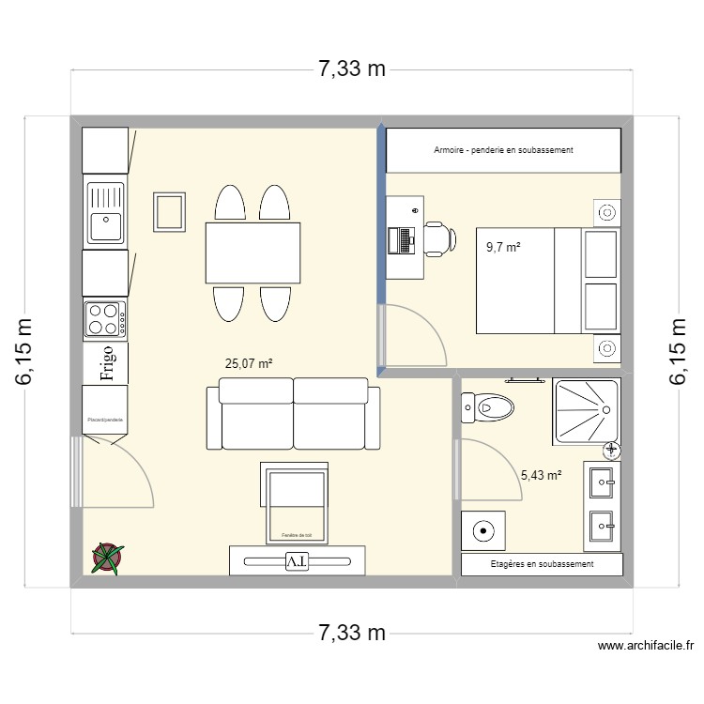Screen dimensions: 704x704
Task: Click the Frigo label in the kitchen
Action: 107,365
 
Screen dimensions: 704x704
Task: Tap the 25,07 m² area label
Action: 249,363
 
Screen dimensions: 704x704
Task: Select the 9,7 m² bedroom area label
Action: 503,248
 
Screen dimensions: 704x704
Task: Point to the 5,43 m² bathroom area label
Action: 541,475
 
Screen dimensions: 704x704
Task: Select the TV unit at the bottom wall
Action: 297,560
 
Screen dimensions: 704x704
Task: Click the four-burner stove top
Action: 105,318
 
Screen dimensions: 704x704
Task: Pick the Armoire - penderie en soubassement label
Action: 503,150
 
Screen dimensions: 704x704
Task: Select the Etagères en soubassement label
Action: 542,564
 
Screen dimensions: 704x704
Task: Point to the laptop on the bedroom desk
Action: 406,240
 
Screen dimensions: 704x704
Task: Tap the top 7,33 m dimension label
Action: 352,69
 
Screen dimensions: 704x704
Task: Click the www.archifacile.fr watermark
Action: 645,646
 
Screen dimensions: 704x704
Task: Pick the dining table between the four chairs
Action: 253,252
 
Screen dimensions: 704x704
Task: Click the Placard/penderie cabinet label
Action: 105,420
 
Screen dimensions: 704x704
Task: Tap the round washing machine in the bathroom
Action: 483,531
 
